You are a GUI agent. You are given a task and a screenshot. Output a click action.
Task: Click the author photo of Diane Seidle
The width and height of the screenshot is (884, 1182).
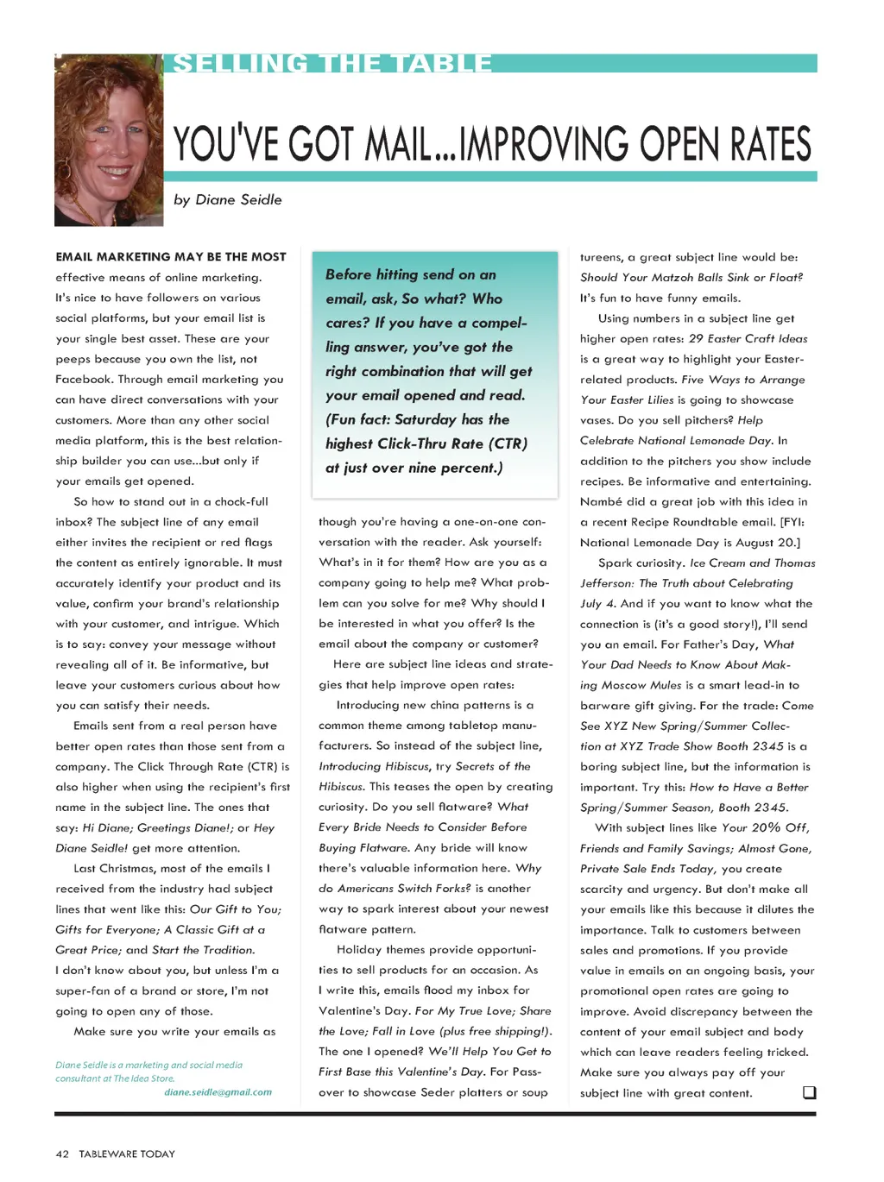pos(109,140)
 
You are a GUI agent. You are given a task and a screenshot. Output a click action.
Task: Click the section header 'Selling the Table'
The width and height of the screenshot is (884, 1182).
pos(332,64)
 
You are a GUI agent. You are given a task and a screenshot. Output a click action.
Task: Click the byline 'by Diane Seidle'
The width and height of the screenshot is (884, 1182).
pos(228,199)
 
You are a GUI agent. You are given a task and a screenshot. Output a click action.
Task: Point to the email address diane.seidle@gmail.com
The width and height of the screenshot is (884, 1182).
pos(218,1092)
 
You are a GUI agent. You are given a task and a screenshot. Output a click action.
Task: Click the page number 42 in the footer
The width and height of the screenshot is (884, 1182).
pos(62,1154)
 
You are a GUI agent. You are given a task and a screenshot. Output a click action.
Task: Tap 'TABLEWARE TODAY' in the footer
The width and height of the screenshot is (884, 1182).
pos(127,1154)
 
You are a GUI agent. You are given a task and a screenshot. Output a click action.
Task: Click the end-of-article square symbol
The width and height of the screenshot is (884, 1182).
pos(809,1092)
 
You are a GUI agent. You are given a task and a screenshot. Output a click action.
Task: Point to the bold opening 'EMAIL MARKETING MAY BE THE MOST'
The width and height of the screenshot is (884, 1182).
pos(171,257)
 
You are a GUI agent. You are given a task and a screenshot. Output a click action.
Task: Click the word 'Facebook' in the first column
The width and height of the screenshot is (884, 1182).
pos(84,380)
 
